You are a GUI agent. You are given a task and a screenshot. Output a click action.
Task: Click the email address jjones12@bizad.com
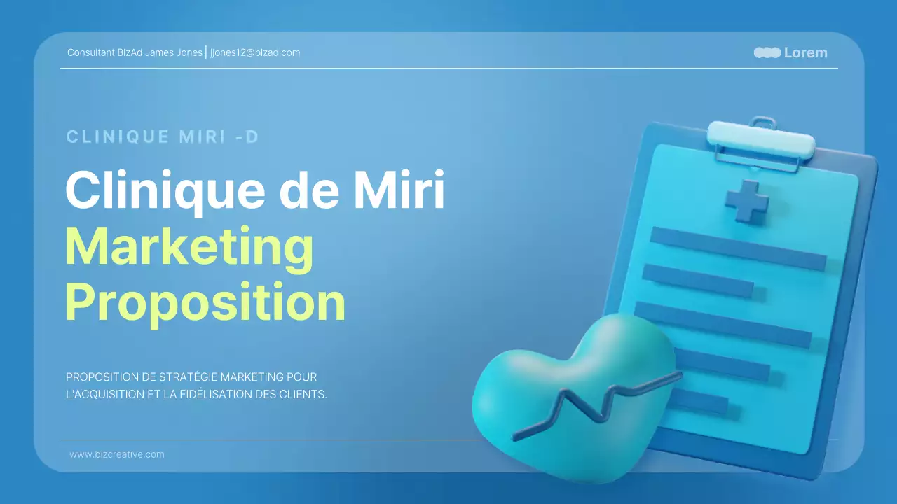coord(255,52)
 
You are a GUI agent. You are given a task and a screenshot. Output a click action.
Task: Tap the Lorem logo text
coord(805,52)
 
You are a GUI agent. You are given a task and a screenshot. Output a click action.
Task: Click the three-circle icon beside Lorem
coord(767,52)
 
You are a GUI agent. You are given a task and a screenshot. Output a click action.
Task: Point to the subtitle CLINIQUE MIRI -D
coord(163,136)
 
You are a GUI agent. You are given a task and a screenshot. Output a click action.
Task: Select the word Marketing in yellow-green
coord(189,246)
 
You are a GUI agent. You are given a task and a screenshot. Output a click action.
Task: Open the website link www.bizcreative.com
coord(117,454)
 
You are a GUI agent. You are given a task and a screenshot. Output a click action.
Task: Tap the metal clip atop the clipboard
coord(760,139)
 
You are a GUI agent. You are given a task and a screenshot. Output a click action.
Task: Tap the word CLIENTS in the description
coord(305,394)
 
